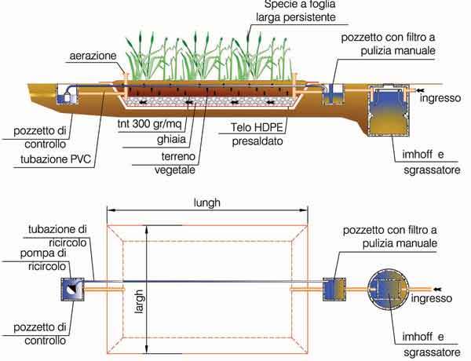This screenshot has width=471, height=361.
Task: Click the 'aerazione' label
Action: tap(92, 57)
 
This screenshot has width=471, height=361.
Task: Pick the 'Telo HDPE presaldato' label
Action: tap(258, 133)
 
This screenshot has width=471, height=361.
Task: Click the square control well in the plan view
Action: tap(72, 290)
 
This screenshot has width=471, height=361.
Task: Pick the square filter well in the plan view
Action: tap(336, 290)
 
